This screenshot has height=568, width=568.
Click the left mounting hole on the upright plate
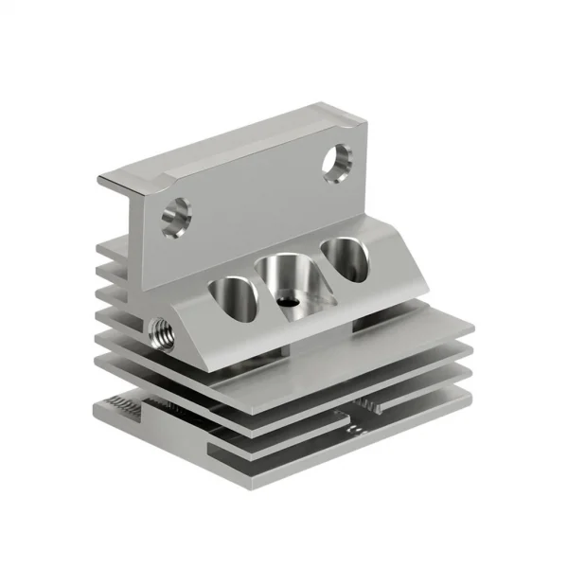coord(174,218)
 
